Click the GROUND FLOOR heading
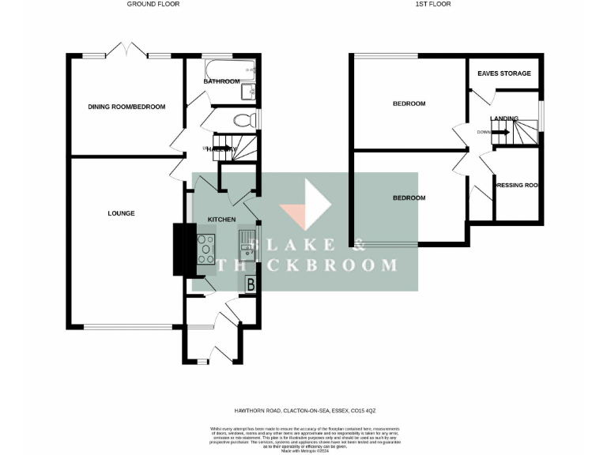click(153, 4)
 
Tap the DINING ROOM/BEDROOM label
click(126, 106)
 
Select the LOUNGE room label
click(122, 213)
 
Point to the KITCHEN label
click(221, 219)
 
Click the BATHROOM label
click(221, 81)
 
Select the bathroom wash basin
click(248, 92)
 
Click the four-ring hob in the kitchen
click(206, 250)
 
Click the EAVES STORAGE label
click(503, 73)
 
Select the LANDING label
click(504, 118)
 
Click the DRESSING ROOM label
click(516, 186)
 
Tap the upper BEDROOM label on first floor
click(409, 103)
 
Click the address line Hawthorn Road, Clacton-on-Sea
click(303, 411)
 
